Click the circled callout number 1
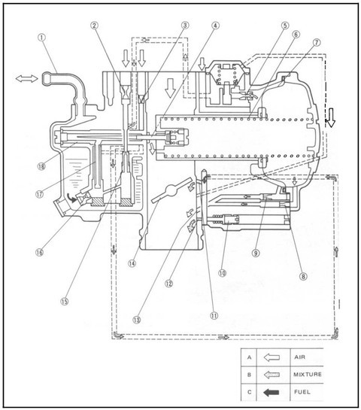(x=41, y=38)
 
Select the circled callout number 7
(x=317, y=42)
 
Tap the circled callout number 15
(x=65, y=301)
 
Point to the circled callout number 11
(x=214, y=315)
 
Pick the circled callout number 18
(x=41, y=166)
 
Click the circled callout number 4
(x=215, y=26)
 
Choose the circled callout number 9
(x=256, y=253)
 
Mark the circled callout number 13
(x=137, y=320)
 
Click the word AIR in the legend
(x=299, y=357)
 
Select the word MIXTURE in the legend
(x=308, y=374)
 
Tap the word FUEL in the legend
(x=302, y=392)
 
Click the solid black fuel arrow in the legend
(x=272, y=392)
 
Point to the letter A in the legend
(x=250, y=357)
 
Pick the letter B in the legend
(x=249, y=375)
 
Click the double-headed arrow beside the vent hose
(x=26, y=78)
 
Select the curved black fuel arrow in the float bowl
(x=71, y=197)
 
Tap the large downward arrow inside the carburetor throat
(x=170, y=88)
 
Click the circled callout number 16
(x=39, y=252)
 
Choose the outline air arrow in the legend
(x=272, y=357)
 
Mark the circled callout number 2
(x=94, y=26)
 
